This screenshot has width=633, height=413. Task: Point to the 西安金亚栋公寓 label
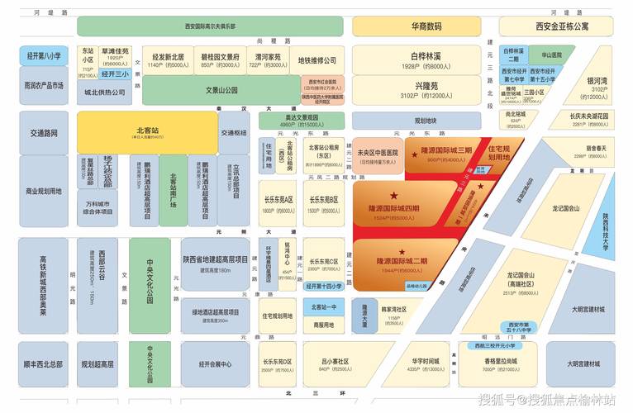click(x=562, y=26)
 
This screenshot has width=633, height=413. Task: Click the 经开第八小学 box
click(x=43, y=56)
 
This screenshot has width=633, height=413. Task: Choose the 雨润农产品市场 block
click(x=43, y=85)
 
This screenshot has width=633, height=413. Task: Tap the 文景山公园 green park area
click(x=221, y=90)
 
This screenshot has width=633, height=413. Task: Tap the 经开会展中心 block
click(x=215, y=363)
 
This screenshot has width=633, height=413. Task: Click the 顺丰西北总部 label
click(x=43, y=363)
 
